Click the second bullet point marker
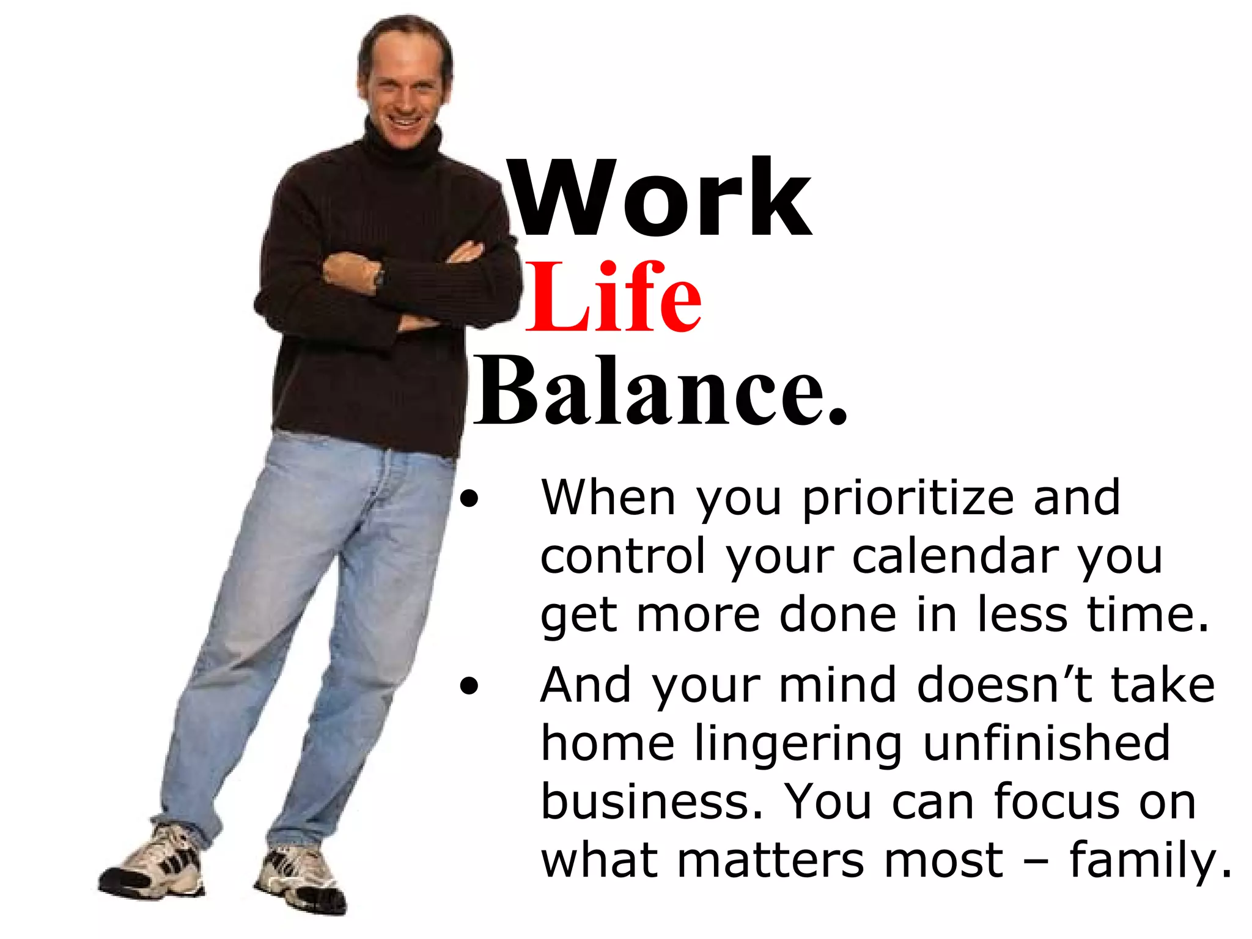tap(469, 687)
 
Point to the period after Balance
tap(838, 418)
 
